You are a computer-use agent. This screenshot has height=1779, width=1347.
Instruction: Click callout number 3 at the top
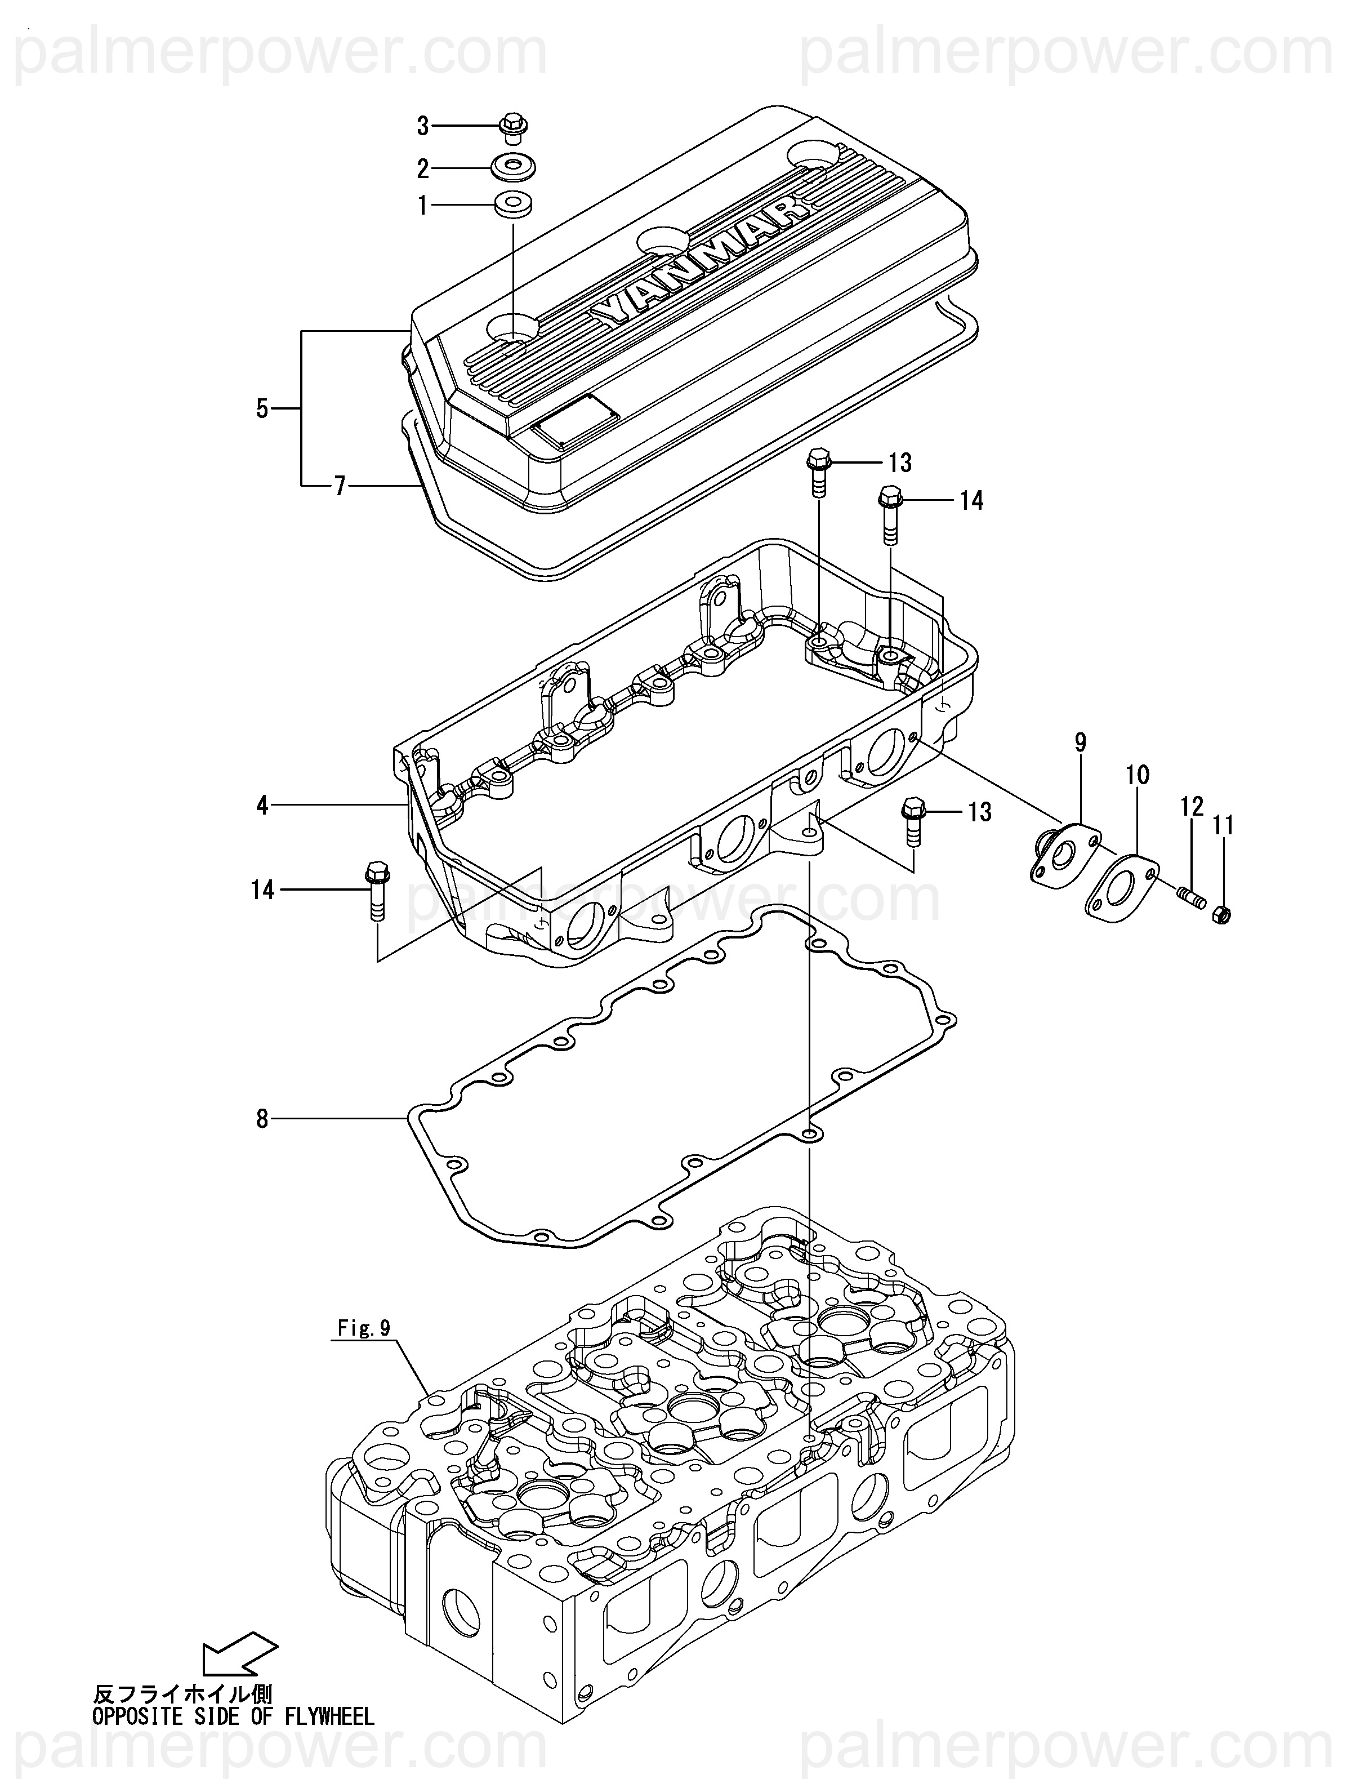[x=423, y=126]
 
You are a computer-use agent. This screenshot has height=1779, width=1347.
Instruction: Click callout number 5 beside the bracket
[x=262, y=408]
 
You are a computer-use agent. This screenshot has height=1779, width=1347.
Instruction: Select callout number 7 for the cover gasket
[x=340, y=486]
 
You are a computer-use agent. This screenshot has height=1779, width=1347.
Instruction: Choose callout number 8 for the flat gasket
[x=262, y=1119]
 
